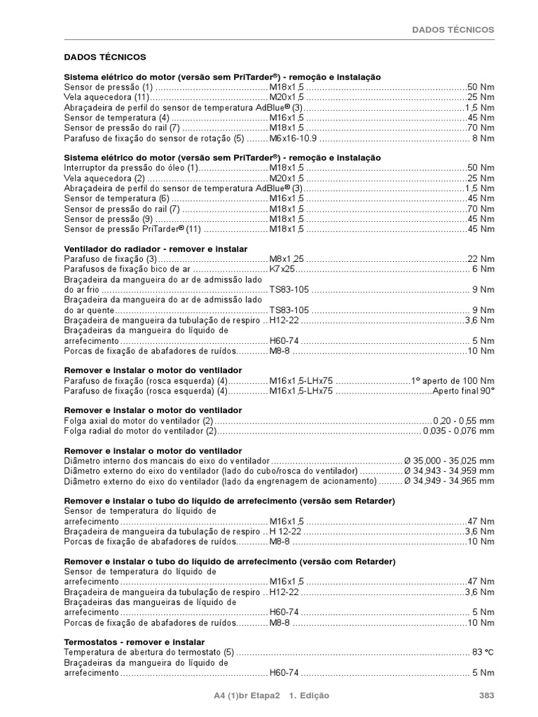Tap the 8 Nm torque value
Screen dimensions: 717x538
click(483, 139)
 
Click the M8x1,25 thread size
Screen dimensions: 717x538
click(287, 259)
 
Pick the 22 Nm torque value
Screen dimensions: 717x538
click(481, 259)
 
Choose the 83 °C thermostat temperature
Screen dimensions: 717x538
click(483, 652)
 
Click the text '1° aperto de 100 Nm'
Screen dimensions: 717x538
click(453, 380)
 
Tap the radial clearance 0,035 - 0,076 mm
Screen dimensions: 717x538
click(458, 431)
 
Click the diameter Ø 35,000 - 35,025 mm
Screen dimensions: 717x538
click(449, 461)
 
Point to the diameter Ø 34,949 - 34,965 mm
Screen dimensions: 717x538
click(449, 482)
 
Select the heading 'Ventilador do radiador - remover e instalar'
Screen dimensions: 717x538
click(156, 249)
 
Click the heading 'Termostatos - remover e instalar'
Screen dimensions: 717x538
click(134, 642)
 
